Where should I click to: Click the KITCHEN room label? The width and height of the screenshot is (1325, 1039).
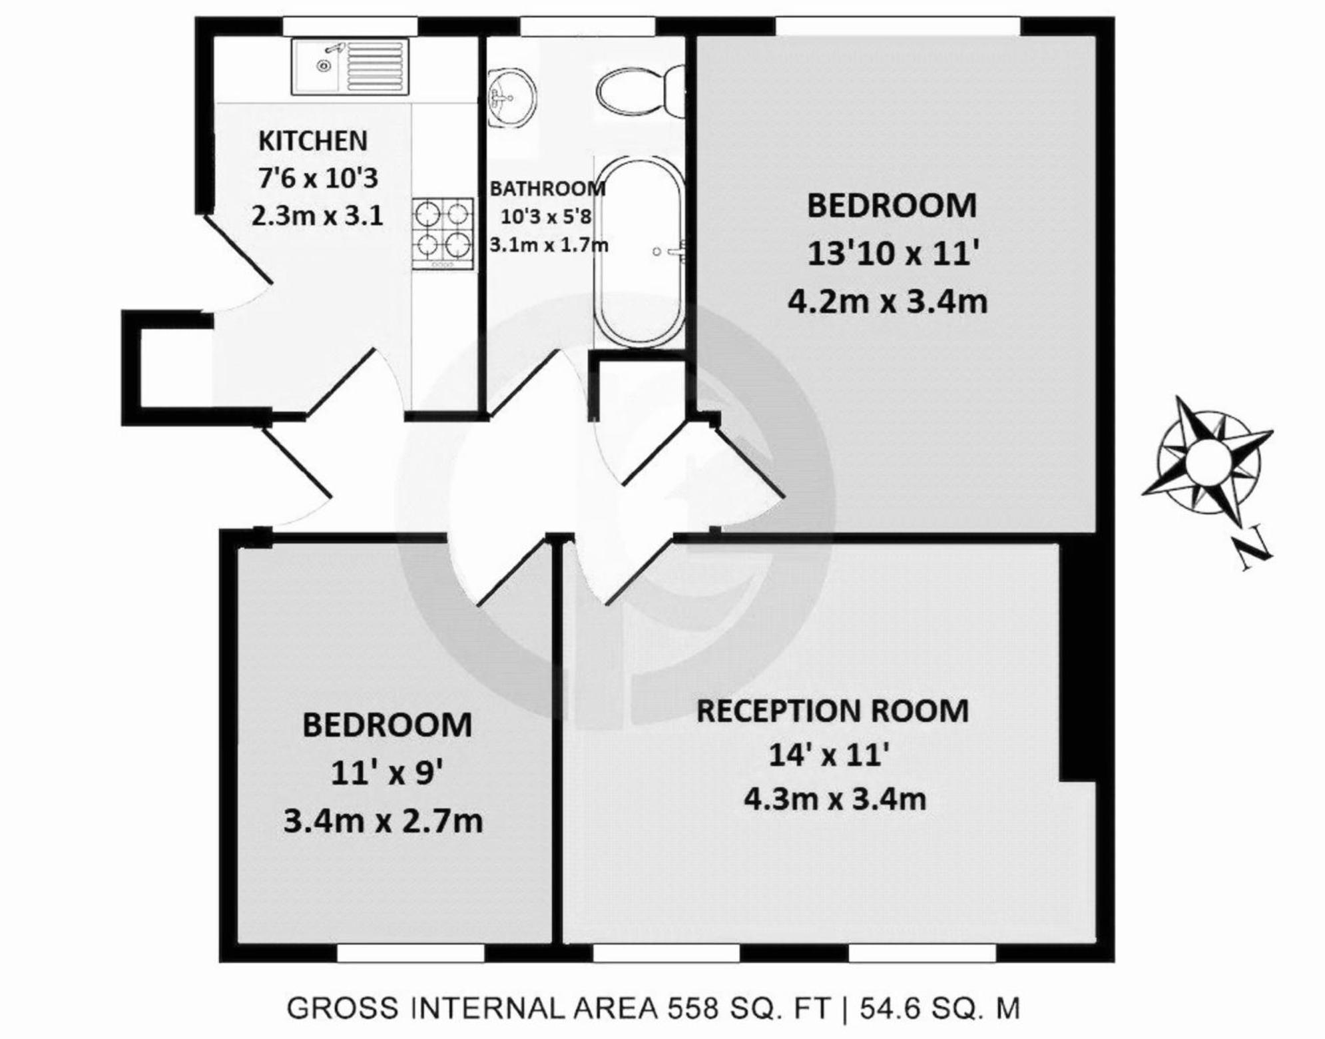click(x=313, y=141)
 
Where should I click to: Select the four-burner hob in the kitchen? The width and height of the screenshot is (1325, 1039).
click(x=443, y=234)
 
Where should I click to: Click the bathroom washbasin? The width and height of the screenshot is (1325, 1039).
click(x=511, y=99)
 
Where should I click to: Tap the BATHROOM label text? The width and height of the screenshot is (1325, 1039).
click(x=547, y=188)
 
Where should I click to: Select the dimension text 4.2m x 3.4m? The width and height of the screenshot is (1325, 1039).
click(x=888, y=302)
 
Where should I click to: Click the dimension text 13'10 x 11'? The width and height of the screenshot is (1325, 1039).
click(x=893, y=254)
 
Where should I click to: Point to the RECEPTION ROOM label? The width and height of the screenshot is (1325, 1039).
click(x=832, y=711)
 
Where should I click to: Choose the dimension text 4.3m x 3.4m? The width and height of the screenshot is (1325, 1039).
click(x=835, y=799)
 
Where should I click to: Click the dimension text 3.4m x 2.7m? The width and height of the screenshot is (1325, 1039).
click(x=383, y=821)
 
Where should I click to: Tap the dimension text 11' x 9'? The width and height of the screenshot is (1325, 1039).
click(x=387, y=773)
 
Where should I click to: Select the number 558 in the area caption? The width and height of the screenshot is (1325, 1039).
click(x=693, y=1008)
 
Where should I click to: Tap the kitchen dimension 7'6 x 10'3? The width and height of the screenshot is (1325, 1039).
click(x=318, y=178)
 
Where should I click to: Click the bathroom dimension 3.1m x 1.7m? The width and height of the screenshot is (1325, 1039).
click(x=549, y=245)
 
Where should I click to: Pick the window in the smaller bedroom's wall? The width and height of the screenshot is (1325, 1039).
click(x=411, y=953)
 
